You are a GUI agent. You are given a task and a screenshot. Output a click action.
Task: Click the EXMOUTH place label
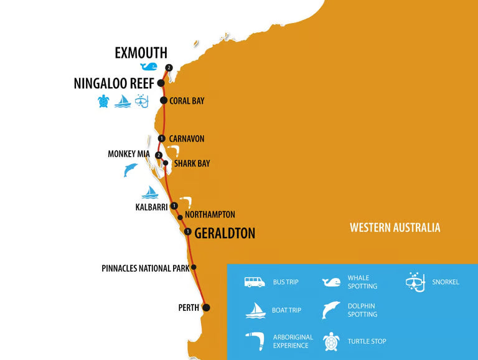coord(141,53)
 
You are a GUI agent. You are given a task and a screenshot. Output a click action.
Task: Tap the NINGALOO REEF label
coord(114,83)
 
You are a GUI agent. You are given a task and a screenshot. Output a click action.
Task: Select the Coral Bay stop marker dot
coord(164,101)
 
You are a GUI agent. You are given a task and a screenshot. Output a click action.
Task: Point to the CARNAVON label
coord(187,139)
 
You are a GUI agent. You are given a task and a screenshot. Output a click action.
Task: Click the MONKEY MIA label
coord(130,154)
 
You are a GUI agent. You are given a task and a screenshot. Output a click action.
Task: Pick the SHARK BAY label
coord(192,164)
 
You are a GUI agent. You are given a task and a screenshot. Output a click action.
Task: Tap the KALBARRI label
coord(152,207)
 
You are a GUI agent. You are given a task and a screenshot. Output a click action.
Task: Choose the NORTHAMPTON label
coord(210,215)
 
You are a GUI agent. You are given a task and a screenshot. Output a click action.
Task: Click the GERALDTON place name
coord(225,234)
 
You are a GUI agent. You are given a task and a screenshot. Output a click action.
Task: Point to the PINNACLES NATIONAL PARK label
coord(145,269)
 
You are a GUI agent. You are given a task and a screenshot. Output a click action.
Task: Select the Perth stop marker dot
coord(206,307)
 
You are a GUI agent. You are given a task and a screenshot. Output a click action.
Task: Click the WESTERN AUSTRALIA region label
coord(395,228)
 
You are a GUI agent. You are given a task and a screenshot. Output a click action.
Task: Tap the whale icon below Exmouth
coord(149,67)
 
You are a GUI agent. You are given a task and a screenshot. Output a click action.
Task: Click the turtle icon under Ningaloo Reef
coord(103,101)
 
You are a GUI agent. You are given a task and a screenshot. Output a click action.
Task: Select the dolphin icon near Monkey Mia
coord(130,170)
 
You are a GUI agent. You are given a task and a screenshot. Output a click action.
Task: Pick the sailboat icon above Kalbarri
coord(150,192)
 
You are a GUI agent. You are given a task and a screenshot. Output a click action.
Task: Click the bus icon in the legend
coord(254,282)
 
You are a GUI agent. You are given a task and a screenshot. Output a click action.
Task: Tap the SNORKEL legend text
coord(446,282)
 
